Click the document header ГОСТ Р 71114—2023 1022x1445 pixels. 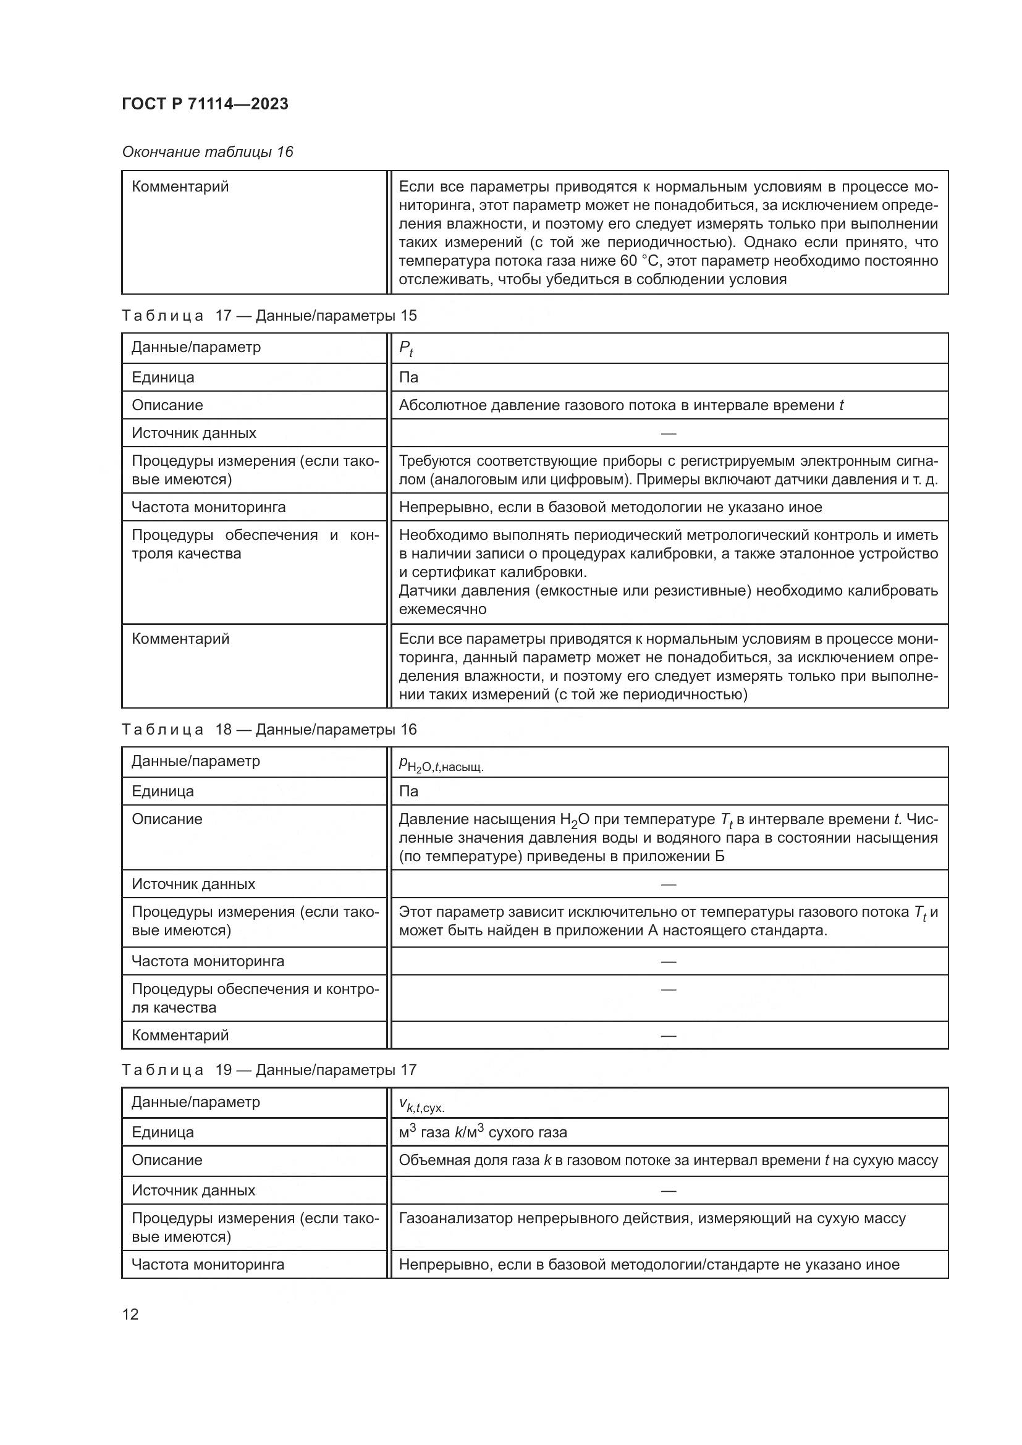[205, 104]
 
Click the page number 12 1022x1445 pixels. [130, 1314]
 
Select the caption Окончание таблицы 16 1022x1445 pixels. [208, 152]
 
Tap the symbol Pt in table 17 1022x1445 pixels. [406, 348]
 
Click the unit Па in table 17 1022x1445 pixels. [408, 377]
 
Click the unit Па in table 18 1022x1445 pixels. [408, 791]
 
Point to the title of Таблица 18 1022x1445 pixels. [269, 730]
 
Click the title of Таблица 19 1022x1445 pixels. [269, 1070]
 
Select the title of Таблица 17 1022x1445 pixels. [269, 315]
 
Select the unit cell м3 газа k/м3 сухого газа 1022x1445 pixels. [483, 1132]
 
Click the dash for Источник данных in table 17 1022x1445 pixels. [669, 433]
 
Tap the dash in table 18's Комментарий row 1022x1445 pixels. [669, 1035]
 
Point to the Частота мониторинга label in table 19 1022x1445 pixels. [208, 1265]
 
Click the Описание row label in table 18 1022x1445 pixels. [167, 819]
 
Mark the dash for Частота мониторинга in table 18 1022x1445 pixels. [669, 961]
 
